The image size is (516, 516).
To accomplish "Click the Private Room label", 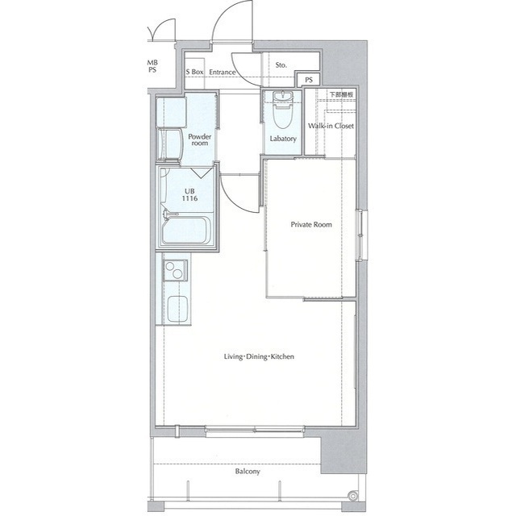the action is tap(311, 225).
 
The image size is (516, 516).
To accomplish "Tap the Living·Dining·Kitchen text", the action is tap(259, 356).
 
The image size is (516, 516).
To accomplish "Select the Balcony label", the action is tap(248, 471).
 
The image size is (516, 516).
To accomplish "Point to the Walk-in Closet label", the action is tap(331, 126).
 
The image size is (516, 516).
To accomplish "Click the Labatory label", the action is tap(283, 139).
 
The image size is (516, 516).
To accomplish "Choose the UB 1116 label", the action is tap(189, 194).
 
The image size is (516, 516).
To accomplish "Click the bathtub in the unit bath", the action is tap(186, 230).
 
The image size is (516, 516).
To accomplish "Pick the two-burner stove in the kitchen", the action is tap(176, 271).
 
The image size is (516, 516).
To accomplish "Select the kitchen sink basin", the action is tap(177, 309).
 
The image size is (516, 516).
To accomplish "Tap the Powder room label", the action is tap(199, 139).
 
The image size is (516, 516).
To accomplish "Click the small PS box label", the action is tap(309, 80).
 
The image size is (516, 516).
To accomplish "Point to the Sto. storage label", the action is tap(281, 65).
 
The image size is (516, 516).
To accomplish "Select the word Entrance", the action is tap(223, 72).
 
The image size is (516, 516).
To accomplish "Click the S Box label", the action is tap(194, 72).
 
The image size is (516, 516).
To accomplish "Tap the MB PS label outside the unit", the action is tap(152, 66).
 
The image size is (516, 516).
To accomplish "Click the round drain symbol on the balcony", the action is tap(353, 496).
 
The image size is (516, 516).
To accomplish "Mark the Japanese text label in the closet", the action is tap(342, 94).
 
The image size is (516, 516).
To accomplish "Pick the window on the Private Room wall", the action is tap(361, 235).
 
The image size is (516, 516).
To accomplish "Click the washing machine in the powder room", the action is tap(170, 144).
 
